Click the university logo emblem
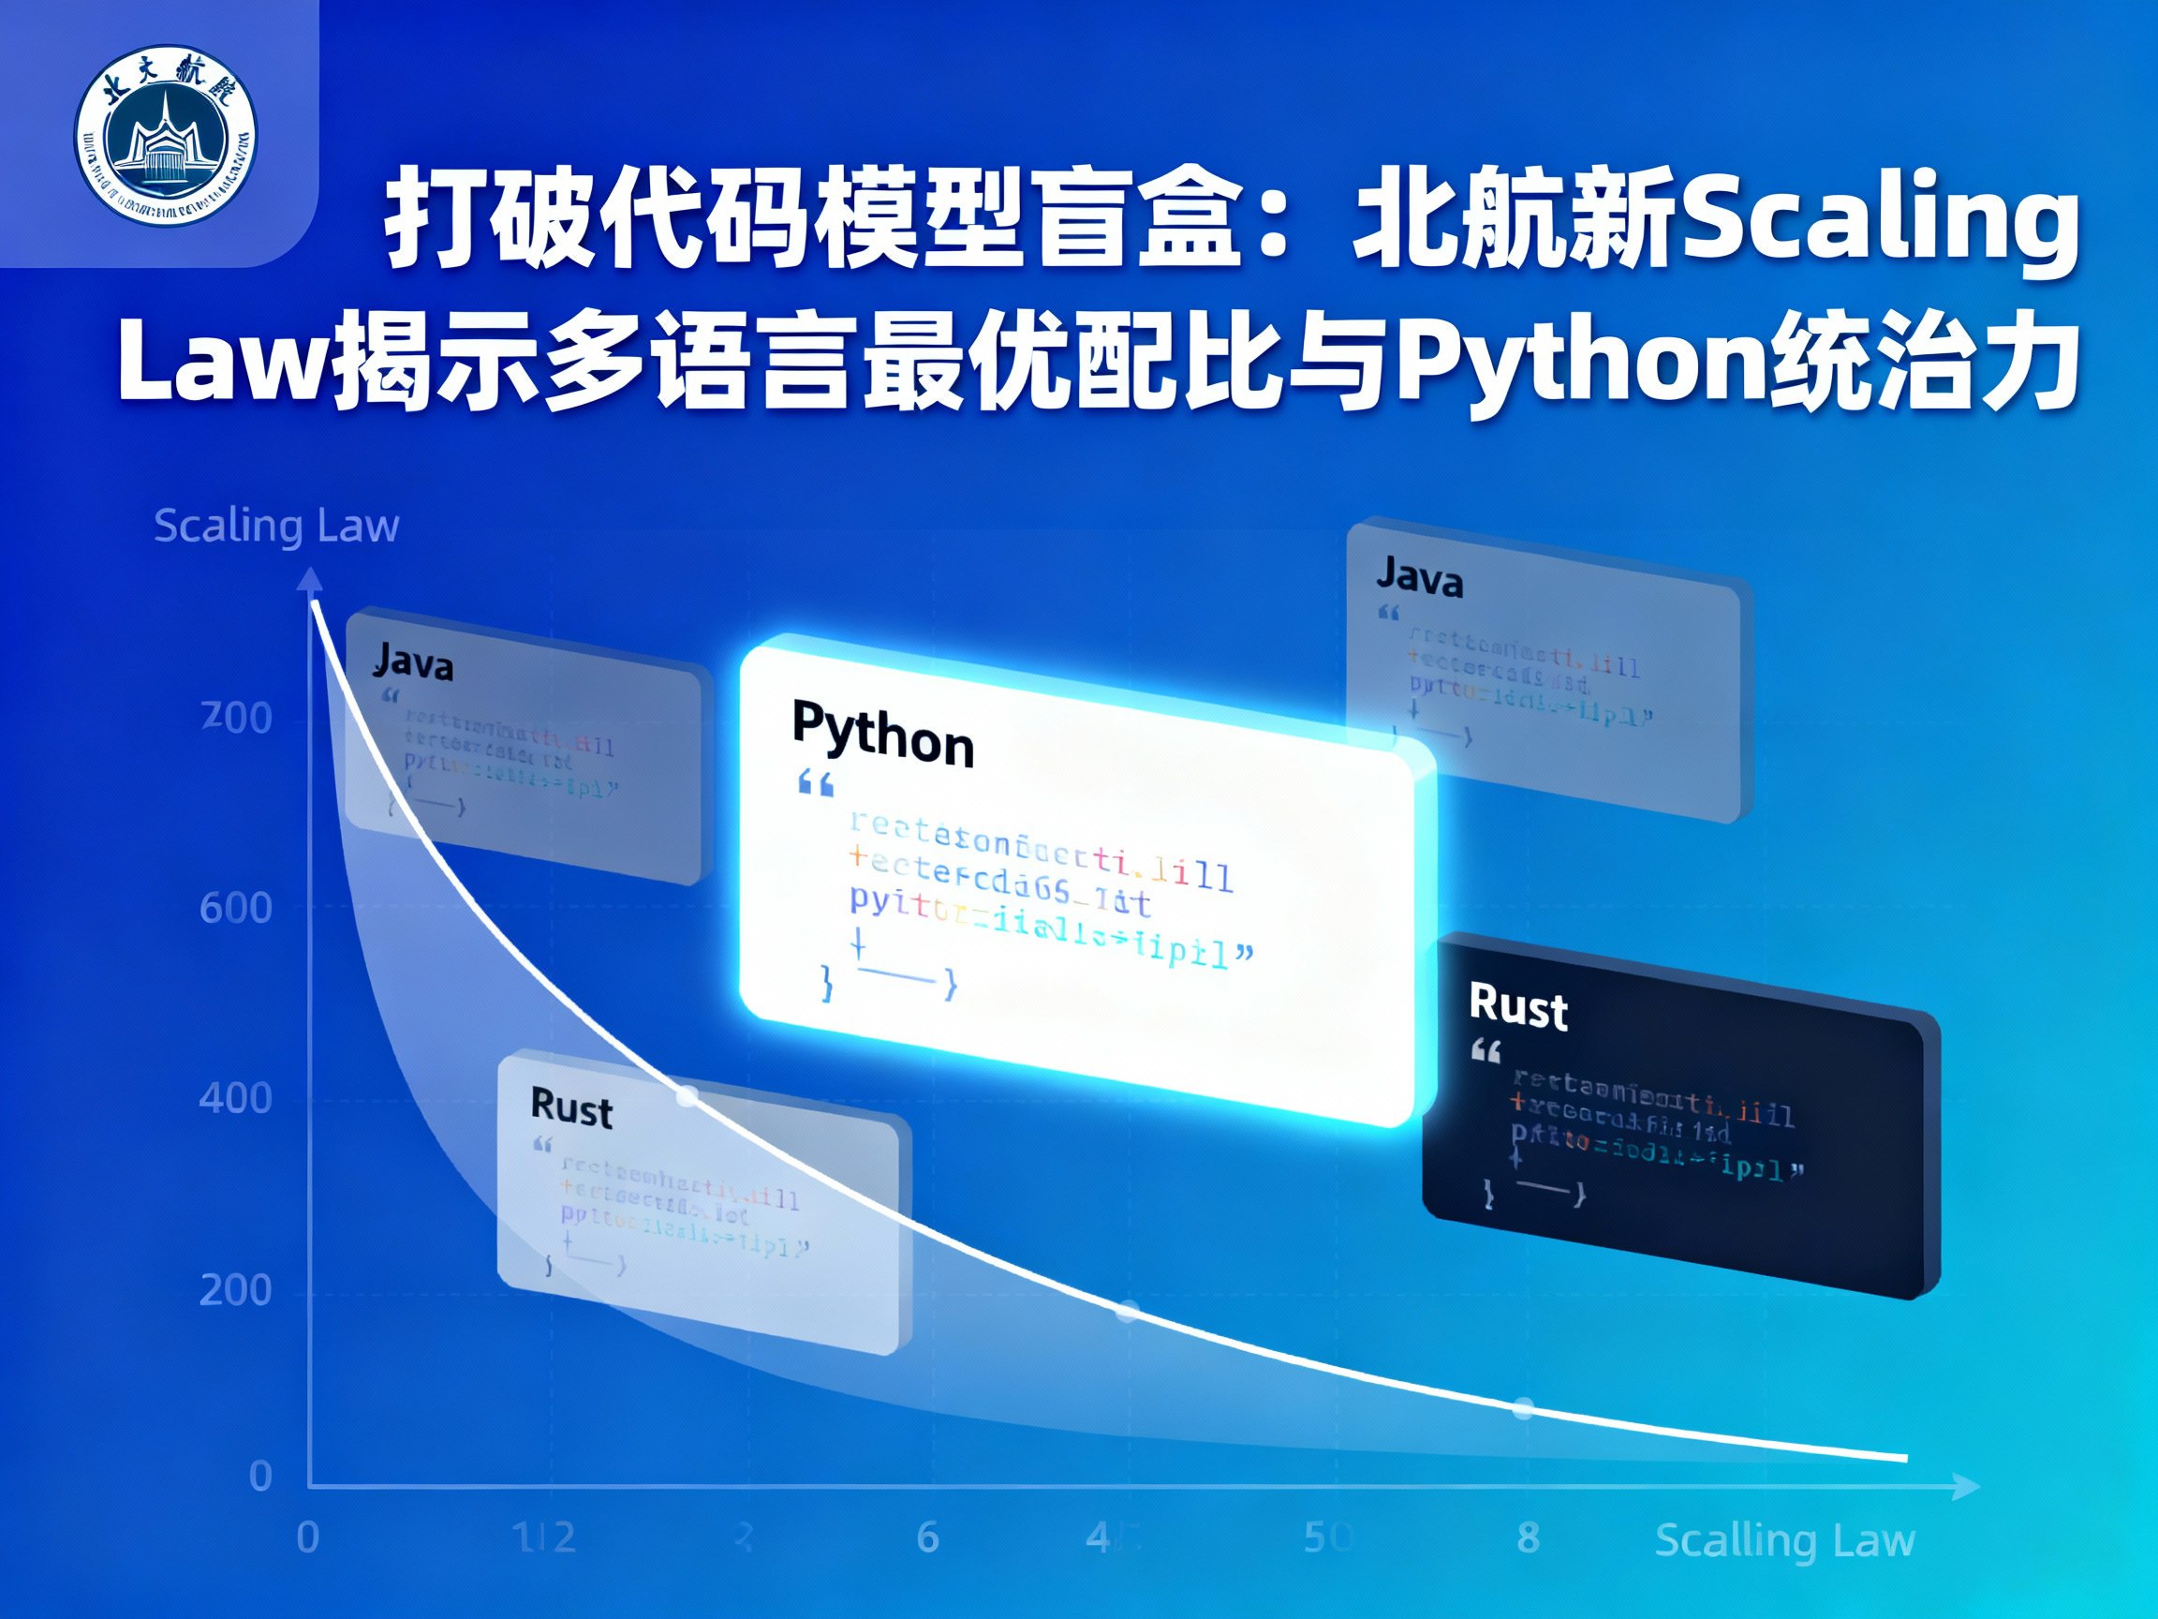166,135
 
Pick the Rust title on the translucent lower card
571,1108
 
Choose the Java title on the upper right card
1421,578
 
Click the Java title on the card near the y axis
414,661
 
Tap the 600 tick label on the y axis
235,909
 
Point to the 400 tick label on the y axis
235,1099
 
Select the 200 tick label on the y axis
235,1290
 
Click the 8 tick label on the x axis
1529,1538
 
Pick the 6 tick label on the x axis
928,1538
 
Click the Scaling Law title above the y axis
276,526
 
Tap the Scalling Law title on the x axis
1785,1540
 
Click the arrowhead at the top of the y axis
310,580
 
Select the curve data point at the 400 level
687,1097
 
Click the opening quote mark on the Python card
816,783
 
